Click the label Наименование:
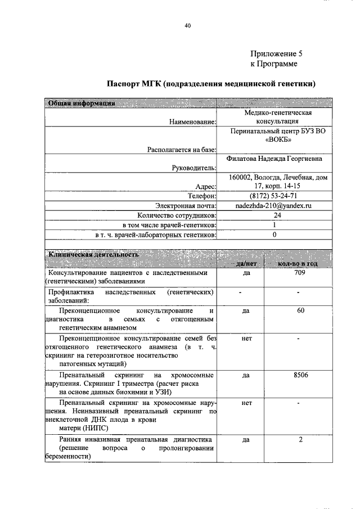(x=192, y=121)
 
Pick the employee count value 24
(x=277, y=215)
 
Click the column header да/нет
(x=246, y=263)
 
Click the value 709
(x=300, y=273)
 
